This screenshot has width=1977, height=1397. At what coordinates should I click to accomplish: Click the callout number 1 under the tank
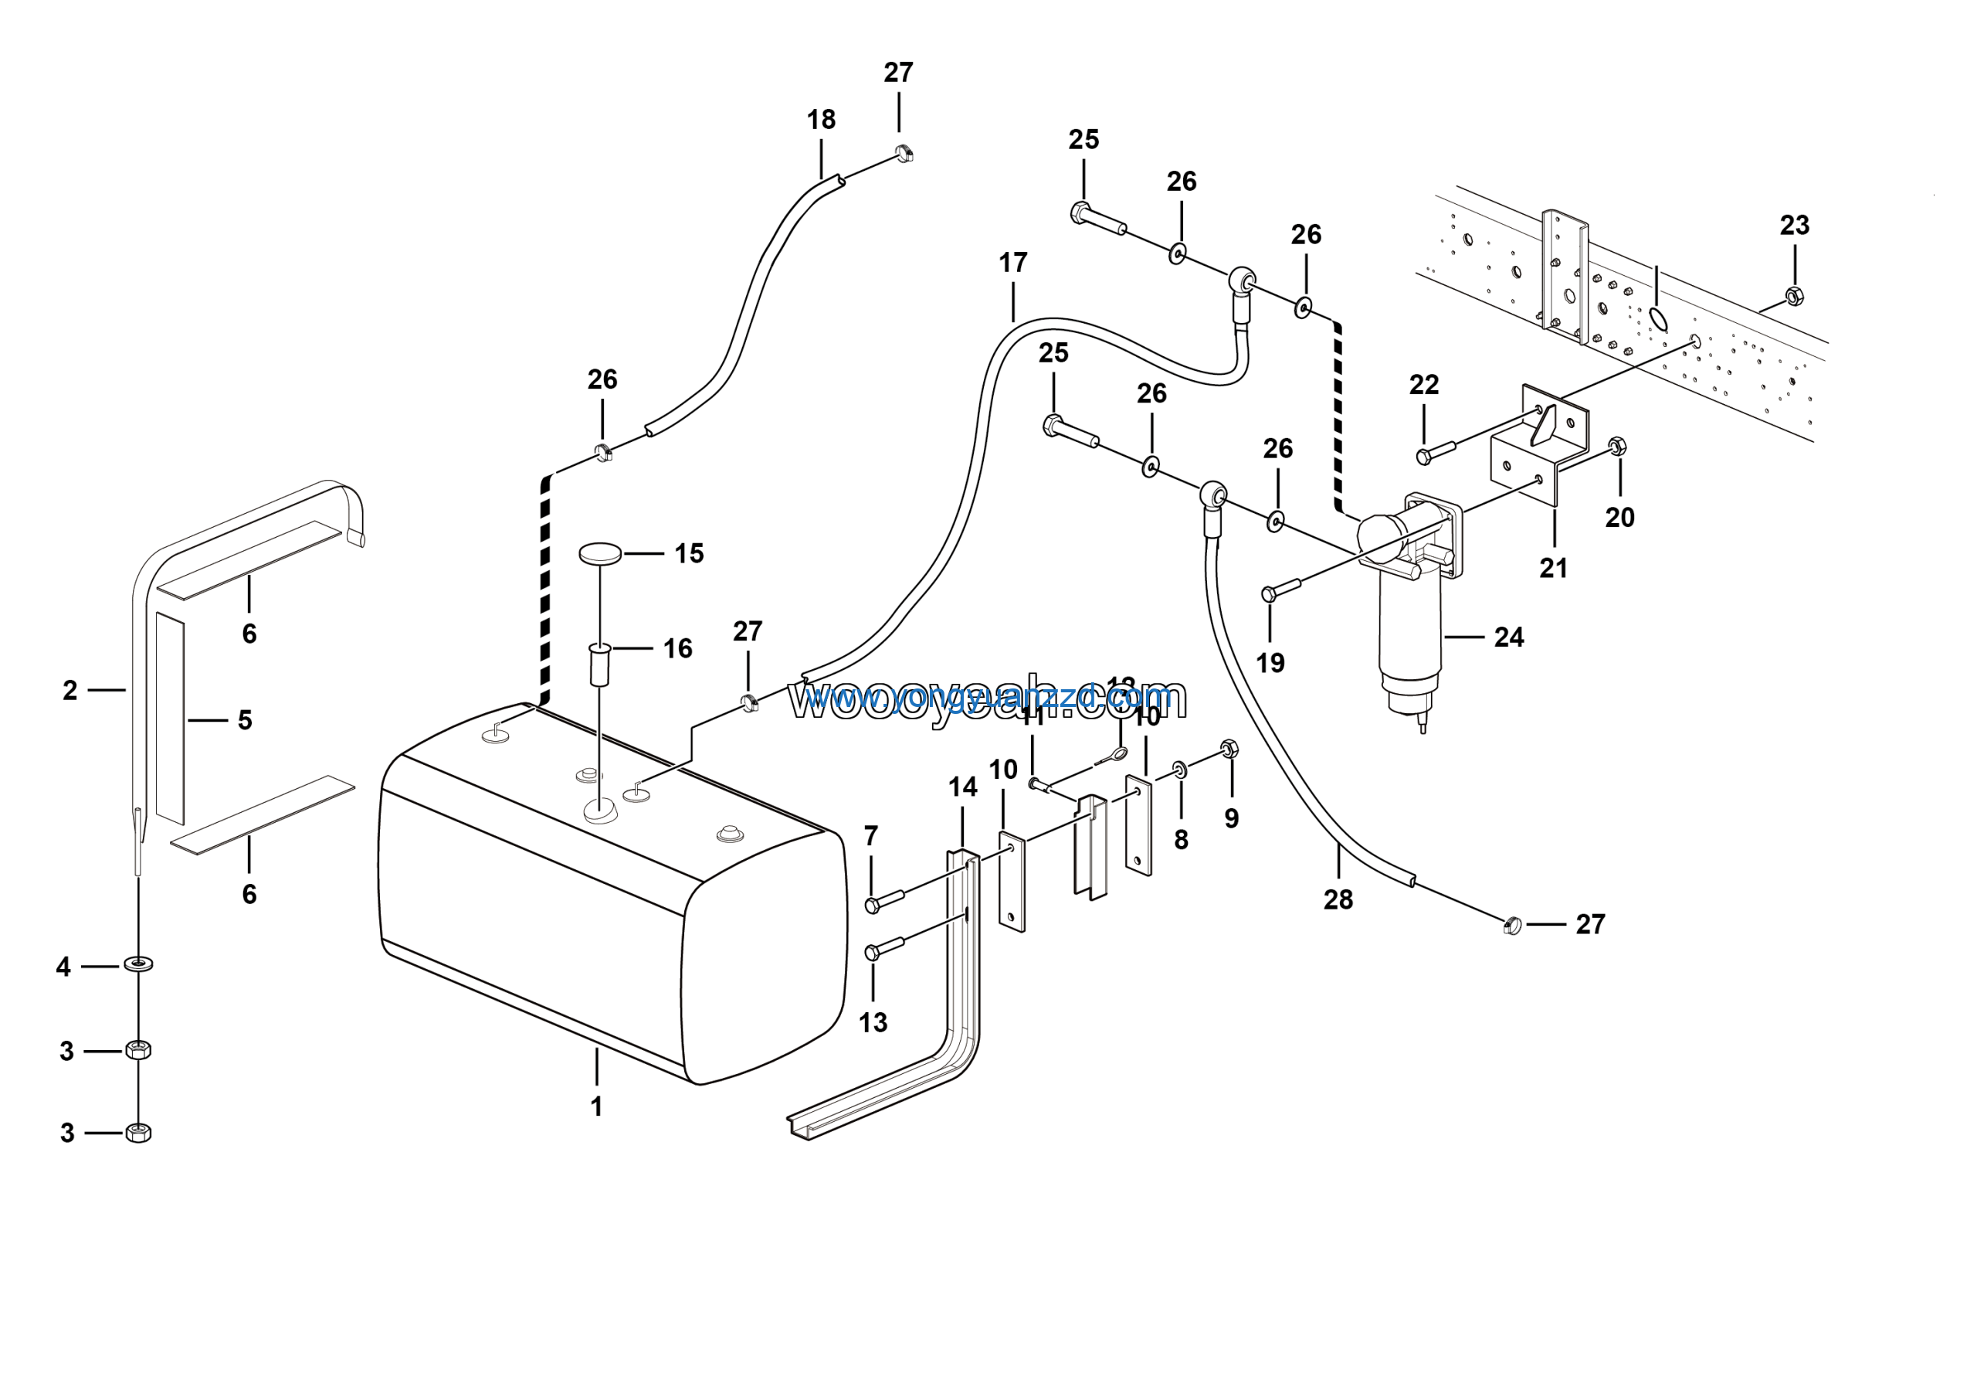point(596,1106)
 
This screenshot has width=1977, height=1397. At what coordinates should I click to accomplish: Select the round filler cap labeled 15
point(600,553)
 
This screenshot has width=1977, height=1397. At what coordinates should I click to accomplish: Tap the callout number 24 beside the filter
point(1508,637)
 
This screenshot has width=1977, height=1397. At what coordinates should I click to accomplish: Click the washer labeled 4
point(139,962)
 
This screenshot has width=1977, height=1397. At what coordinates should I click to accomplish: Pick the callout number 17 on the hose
point(1012,263)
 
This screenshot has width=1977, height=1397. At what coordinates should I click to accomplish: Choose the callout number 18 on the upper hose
point(821,120)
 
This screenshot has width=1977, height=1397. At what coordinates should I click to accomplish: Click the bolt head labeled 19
point(1269,593)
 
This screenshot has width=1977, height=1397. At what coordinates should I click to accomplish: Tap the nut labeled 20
point(1616,446)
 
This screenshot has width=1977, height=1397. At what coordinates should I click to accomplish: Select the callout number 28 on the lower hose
point(1338,900)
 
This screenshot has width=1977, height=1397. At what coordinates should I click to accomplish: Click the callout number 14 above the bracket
point(963,787)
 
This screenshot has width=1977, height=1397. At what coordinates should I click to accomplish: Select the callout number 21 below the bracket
point(1553,569)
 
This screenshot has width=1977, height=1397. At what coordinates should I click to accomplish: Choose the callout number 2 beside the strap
point(70,690)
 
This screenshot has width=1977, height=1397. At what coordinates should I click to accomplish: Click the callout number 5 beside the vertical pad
point(245,720)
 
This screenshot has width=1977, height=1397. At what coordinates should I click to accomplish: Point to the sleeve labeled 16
point(599,663)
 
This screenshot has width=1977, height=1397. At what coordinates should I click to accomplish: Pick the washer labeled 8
point(1180,769)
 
